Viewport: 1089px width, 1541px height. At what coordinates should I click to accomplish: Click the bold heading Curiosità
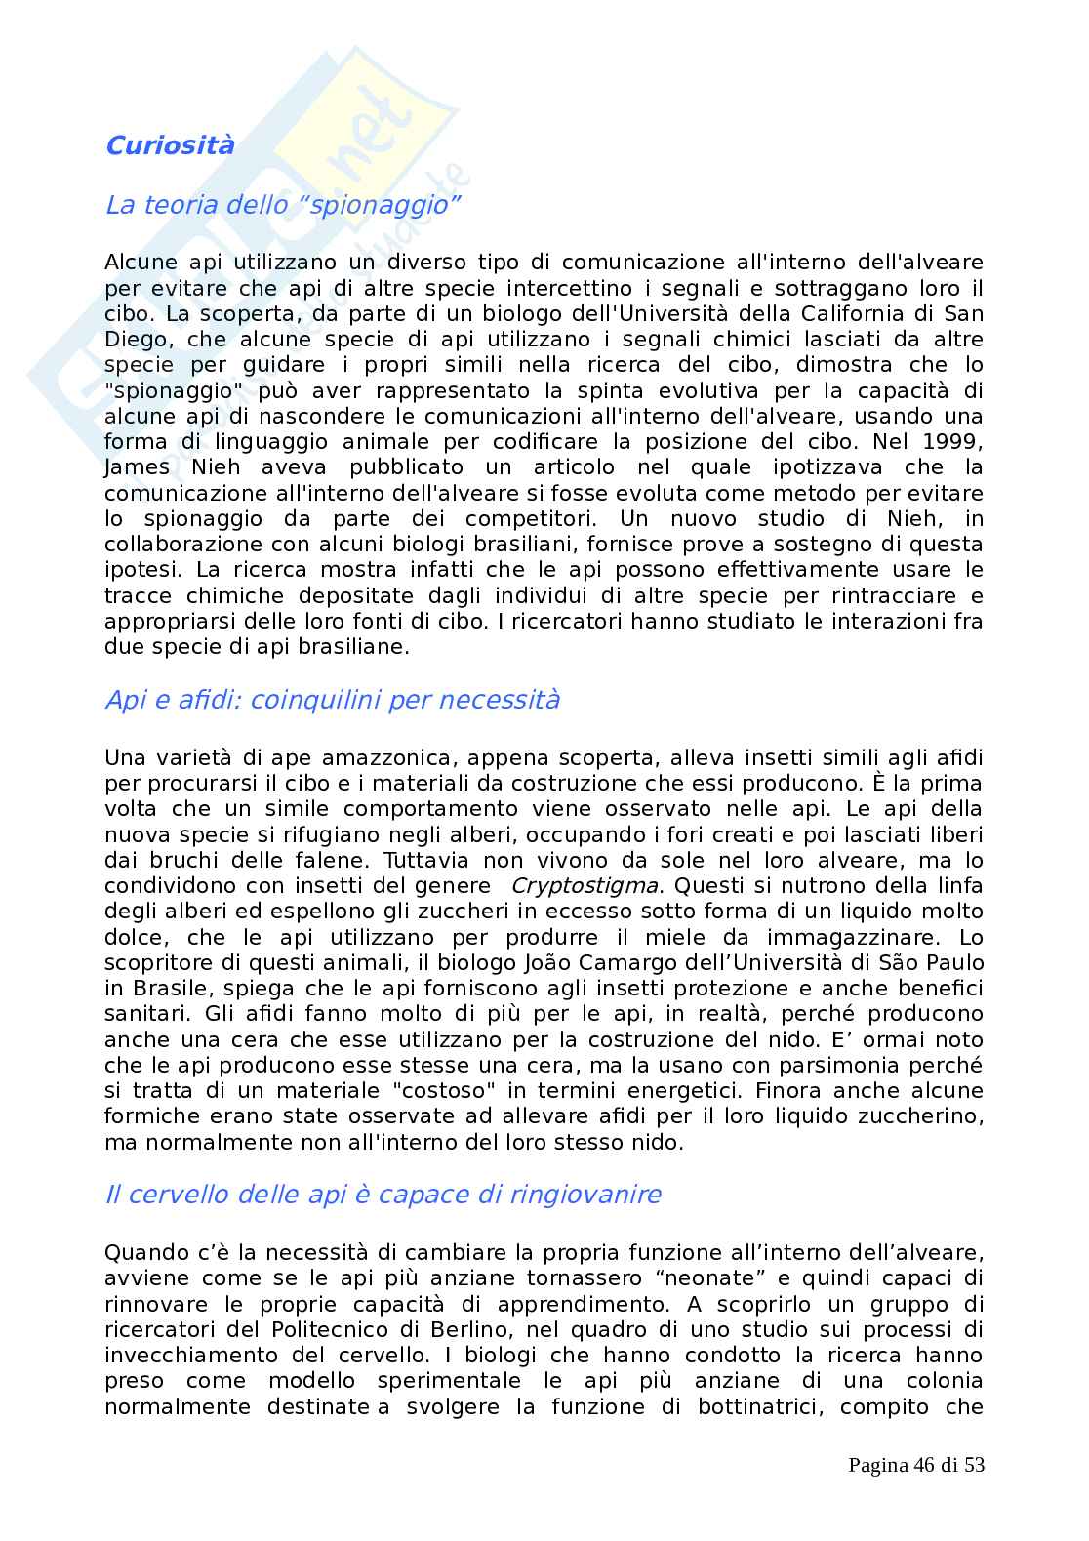click(x=170, y=146)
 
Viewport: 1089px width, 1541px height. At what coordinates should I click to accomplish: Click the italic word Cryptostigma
click(x=585, y=886)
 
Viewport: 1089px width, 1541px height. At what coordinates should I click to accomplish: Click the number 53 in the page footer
click(x=974, y=1465)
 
